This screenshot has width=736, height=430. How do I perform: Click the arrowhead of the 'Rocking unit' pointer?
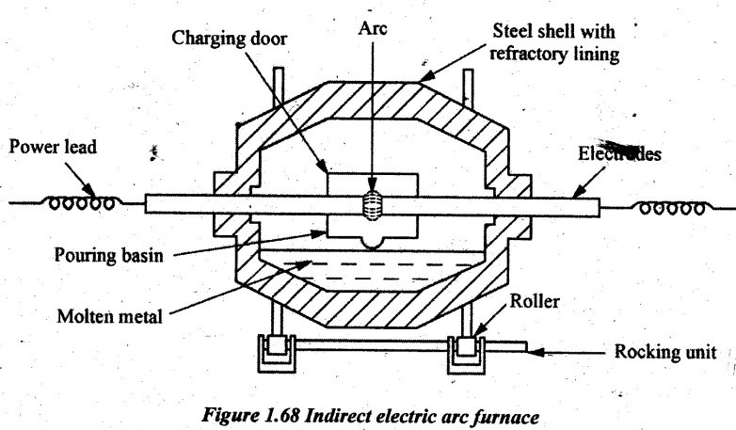tap(532, 355)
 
